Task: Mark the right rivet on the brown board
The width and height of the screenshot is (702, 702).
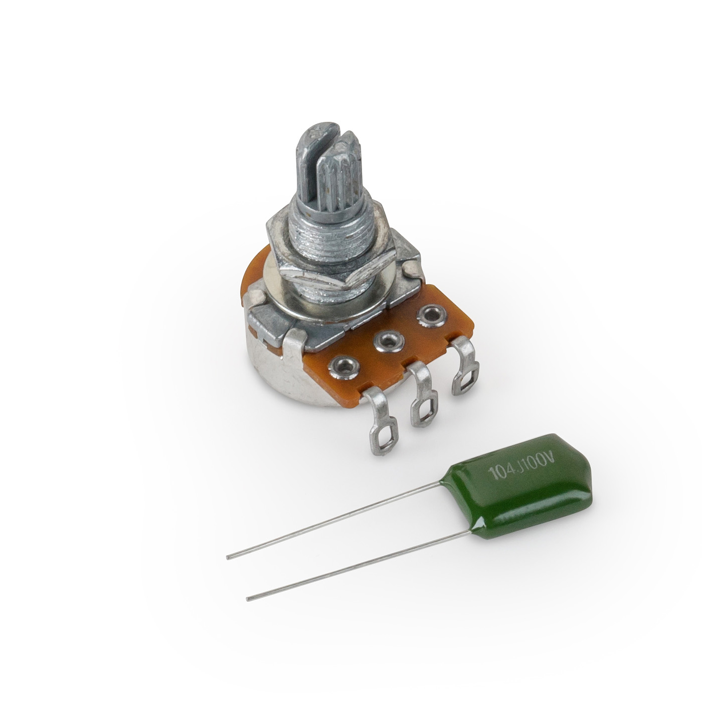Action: [429, 316]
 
